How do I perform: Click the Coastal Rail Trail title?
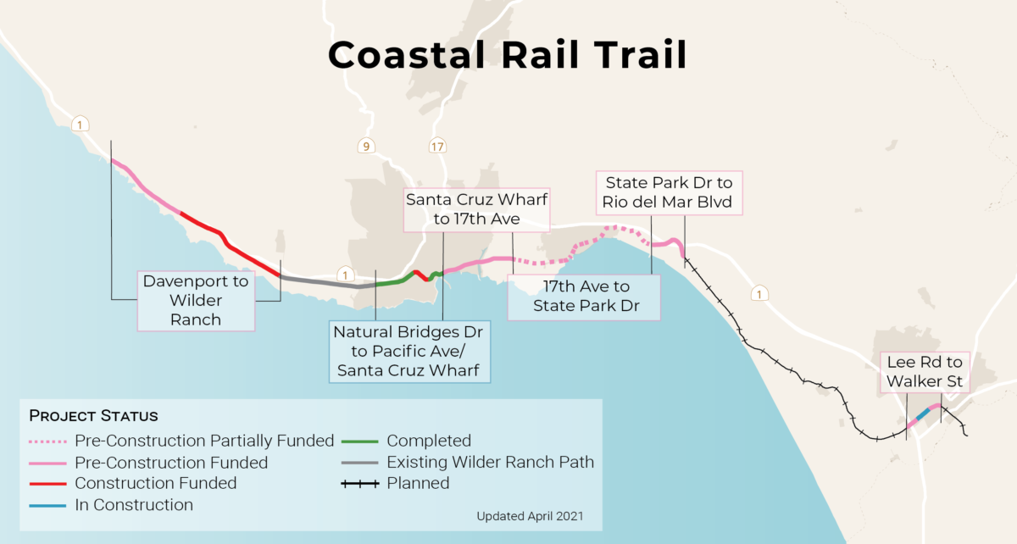pyautogui.click(x=507, y=56)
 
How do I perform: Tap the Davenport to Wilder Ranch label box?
pyautogui.click(x=196, y=300)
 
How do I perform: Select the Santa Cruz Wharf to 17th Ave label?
pyautogui.click(x=476, y=209)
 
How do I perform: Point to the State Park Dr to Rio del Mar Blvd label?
pyautogui.click(x=669, y=192)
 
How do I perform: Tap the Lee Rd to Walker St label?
pyautogui.click(x=925, y=372)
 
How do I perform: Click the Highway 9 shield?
pyautogui.click(x=366, y=147)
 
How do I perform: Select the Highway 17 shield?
pyautogui.click(x=436, y=146)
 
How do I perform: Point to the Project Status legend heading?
pyautogui.click(x=93, y=416)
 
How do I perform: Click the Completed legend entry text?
pyautogui.click(x=429, y=441)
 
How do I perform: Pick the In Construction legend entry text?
pyautogui.click(x=134, y=505)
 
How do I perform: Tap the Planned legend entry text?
pyautogui.click(x=418, y=483)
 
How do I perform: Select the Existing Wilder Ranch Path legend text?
pyautogui.click(x=490, y=462)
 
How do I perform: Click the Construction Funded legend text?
pyautogui.click(x=156, y=483)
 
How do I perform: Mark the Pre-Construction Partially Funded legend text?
pyautogui.click(x=204, y=441)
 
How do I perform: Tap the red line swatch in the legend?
pyautogui.click(x=48, y=484)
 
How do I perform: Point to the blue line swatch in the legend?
pyautogui.click(x=48, y=505)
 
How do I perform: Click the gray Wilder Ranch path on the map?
pyautogui.click(x=322, y=283)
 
